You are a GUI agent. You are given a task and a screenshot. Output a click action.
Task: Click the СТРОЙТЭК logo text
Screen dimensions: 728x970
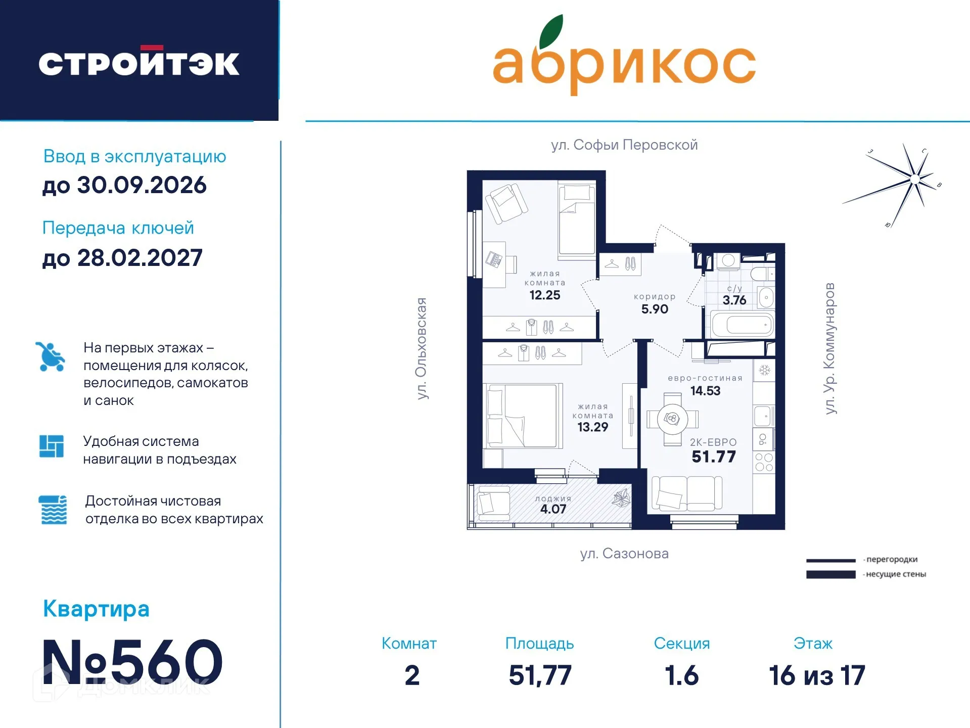(139, 63)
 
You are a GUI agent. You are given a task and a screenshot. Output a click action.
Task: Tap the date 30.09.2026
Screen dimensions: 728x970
(142, 185)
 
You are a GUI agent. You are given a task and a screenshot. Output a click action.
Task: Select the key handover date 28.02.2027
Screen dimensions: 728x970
(140, 258)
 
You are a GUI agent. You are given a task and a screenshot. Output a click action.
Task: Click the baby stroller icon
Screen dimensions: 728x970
(50, 356)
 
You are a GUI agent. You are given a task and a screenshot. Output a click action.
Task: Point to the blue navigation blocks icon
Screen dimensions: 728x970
(52, 446)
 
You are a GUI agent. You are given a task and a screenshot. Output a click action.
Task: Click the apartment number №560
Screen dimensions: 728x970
(132, 662)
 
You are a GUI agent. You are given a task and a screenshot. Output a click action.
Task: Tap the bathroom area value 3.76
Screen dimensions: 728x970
(734, 300)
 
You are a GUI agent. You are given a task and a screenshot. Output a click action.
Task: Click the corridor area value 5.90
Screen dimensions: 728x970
(655, 309)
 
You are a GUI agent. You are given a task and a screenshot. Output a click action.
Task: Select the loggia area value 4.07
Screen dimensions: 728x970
(553, 509)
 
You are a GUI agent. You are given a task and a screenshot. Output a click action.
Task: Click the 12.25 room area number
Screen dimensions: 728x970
(544, 295)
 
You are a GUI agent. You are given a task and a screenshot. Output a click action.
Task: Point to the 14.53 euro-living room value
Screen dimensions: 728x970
(705, 391)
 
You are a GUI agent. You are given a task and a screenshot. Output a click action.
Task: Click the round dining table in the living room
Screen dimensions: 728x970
(672, 419)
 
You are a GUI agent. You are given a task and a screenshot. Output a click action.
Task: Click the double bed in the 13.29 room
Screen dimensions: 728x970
(524, 416)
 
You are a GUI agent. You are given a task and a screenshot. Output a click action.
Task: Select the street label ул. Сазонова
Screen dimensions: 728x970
(624, 554)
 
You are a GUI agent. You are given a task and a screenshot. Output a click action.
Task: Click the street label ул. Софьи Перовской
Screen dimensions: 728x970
(624, 145)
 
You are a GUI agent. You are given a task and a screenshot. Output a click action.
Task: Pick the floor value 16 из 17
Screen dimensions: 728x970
(817, 675)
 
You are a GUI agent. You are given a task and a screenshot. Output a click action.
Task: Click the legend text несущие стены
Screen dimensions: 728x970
(896, 574)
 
